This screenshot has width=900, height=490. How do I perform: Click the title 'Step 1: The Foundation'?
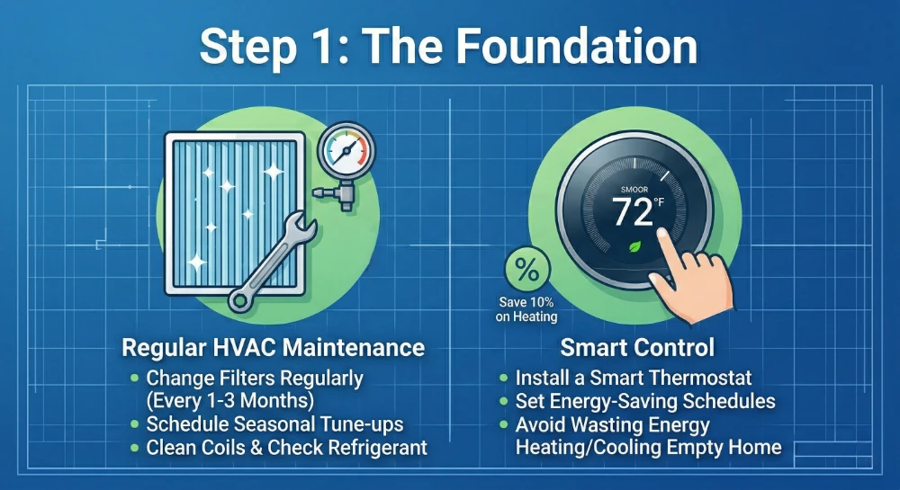[x=448, y=46]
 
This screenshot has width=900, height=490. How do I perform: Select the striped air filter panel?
[x=226, y=209]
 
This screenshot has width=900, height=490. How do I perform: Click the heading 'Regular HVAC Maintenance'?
[x=274, y=347]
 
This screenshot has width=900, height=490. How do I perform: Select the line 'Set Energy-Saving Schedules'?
[x=644, y=401]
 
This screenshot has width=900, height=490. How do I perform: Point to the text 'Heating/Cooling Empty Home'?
[x=648, y=447]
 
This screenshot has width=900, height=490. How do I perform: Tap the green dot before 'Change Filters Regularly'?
[x=135, y=378]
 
